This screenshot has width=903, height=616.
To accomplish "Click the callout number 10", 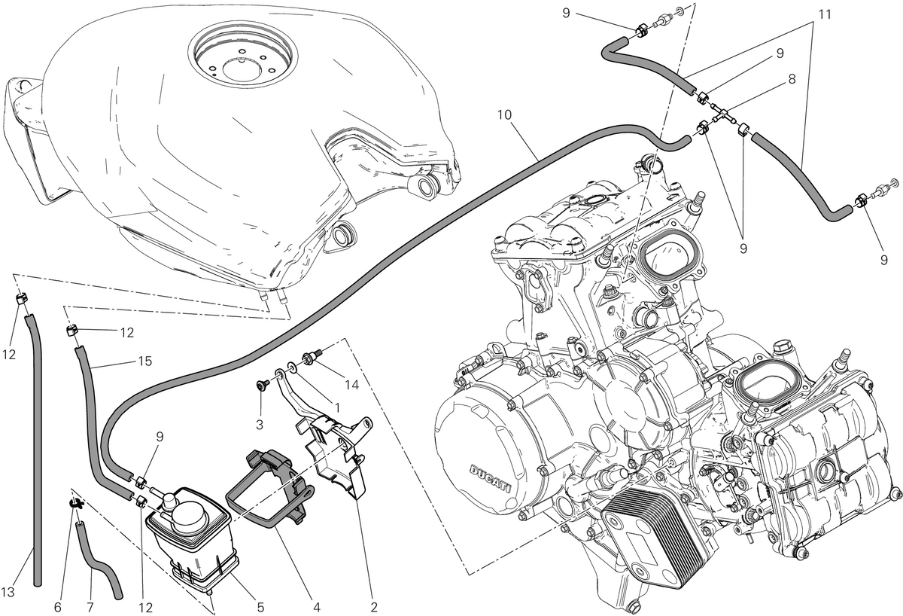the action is [x=504, y=115].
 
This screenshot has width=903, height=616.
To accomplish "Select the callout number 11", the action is [x=825, y=14].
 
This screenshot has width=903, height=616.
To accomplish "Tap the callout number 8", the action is [x=792, y=79].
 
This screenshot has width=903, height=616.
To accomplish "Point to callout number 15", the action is [x=144, y=361].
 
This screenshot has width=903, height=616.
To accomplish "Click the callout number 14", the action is [x=351, y=386].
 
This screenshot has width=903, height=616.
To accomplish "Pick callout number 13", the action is [x=8, y=592].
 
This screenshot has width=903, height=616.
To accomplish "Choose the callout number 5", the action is [x=260, y=607].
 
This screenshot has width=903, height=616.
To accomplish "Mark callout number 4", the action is [x=316, y=607].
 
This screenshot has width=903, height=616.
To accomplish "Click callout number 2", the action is [x=373, y=607].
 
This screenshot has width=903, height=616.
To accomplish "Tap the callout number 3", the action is [x=259, y=425].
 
